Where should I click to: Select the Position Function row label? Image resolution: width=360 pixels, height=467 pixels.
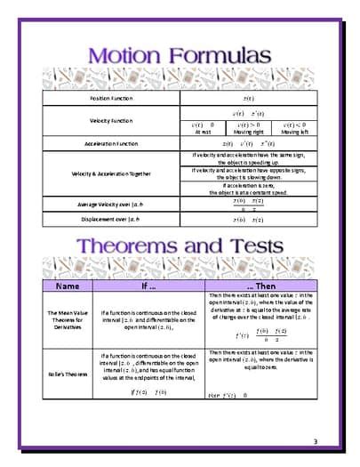point(111,97)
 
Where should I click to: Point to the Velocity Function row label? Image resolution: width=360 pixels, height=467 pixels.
point(111,120)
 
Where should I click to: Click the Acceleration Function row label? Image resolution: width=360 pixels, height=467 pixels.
point(111,142)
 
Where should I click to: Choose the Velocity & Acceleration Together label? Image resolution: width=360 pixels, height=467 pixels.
point(111,173)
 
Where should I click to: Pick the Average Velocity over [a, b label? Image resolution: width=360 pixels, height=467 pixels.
point(111,204)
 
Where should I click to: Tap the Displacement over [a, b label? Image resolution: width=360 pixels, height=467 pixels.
point(111,218)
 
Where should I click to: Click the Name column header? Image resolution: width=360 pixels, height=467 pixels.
point(68,286)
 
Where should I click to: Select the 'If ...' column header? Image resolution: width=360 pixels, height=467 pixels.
point(149,286)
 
